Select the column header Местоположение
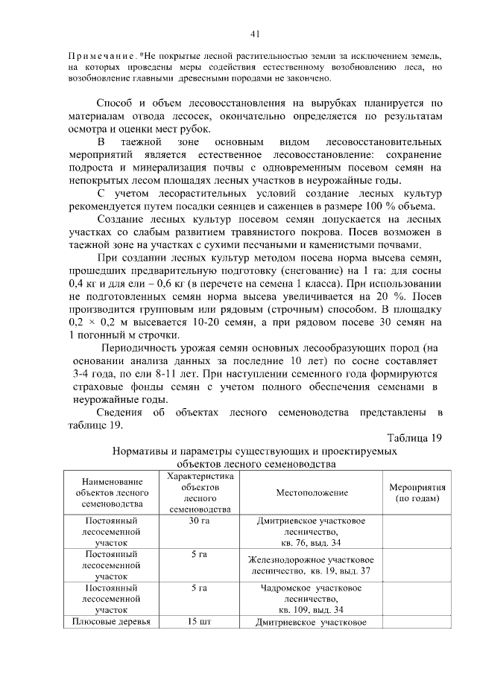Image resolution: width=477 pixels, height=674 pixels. point(312,493)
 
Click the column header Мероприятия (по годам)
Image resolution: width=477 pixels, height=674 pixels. point(417,493)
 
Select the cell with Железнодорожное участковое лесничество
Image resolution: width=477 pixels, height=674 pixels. point(312,565)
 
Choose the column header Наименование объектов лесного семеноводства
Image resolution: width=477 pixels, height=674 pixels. point(111,493)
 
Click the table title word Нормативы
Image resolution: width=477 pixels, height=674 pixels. point(142,451)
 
